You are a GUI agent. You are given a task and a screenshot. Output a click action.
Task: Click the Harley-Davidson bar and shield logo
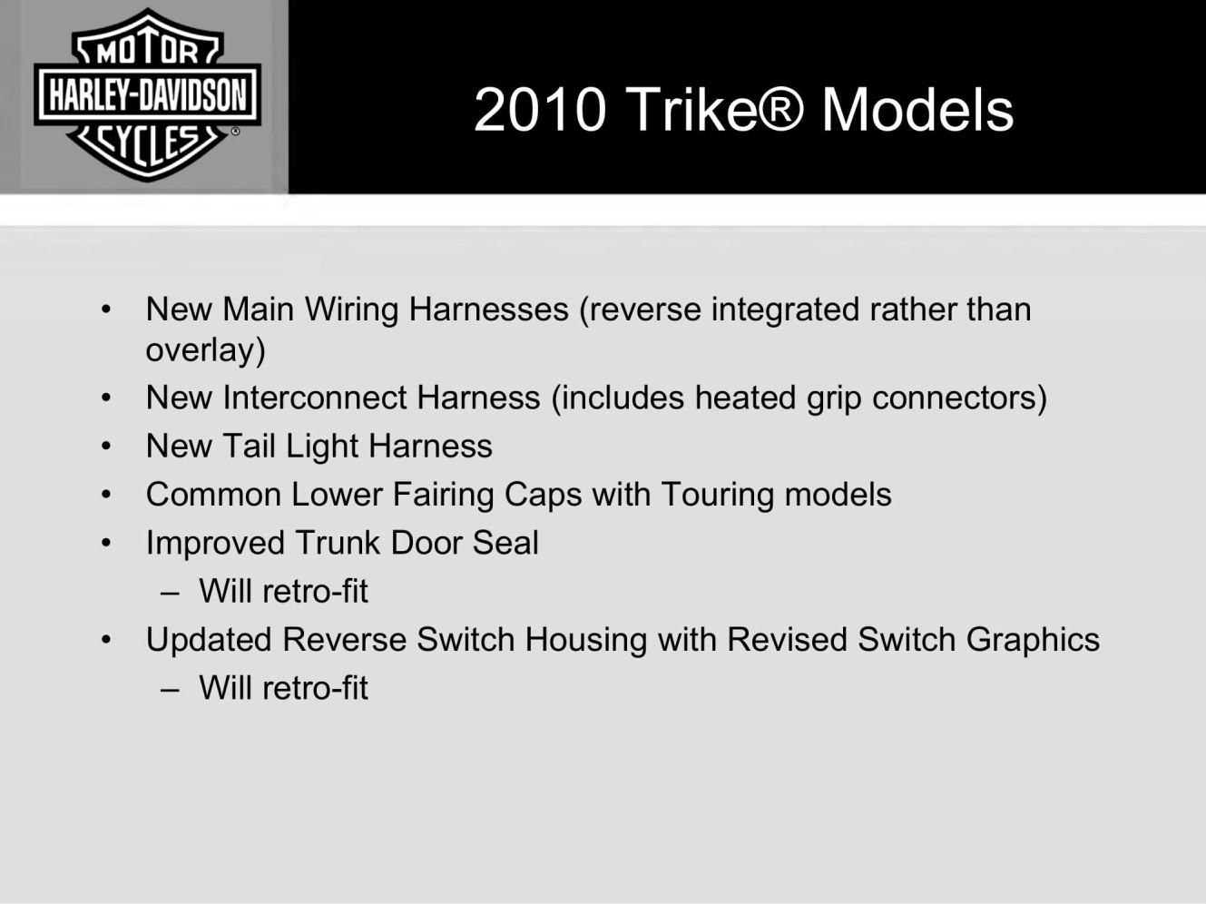point(147,94)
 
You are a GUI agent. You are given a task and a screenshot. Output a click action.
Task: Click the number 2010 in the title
point(540,110)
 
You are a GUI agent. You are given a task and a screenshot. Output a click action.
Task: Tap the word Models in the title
point(917,110)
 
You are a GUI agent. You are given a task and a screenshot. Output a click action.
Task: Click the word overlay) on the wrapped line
point(205,350)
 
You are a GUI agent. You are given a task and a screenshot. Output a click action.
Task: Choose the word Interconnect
point(315,398)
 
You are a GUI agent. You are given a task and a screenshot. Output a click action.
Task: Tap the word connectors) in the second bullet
point(959,398)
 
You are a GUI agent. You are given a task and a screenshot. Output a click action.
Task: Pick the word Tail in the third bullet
point(249,446)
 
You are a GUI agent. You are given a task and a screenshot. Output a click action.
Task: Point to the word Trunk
point(338,543)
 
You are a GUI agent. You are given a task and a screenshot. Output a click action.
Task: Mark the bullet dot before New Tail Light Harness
point(106,446)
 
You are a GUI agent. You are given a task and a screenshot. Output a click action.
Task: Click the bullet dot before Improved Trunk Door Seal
point(106,543)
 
